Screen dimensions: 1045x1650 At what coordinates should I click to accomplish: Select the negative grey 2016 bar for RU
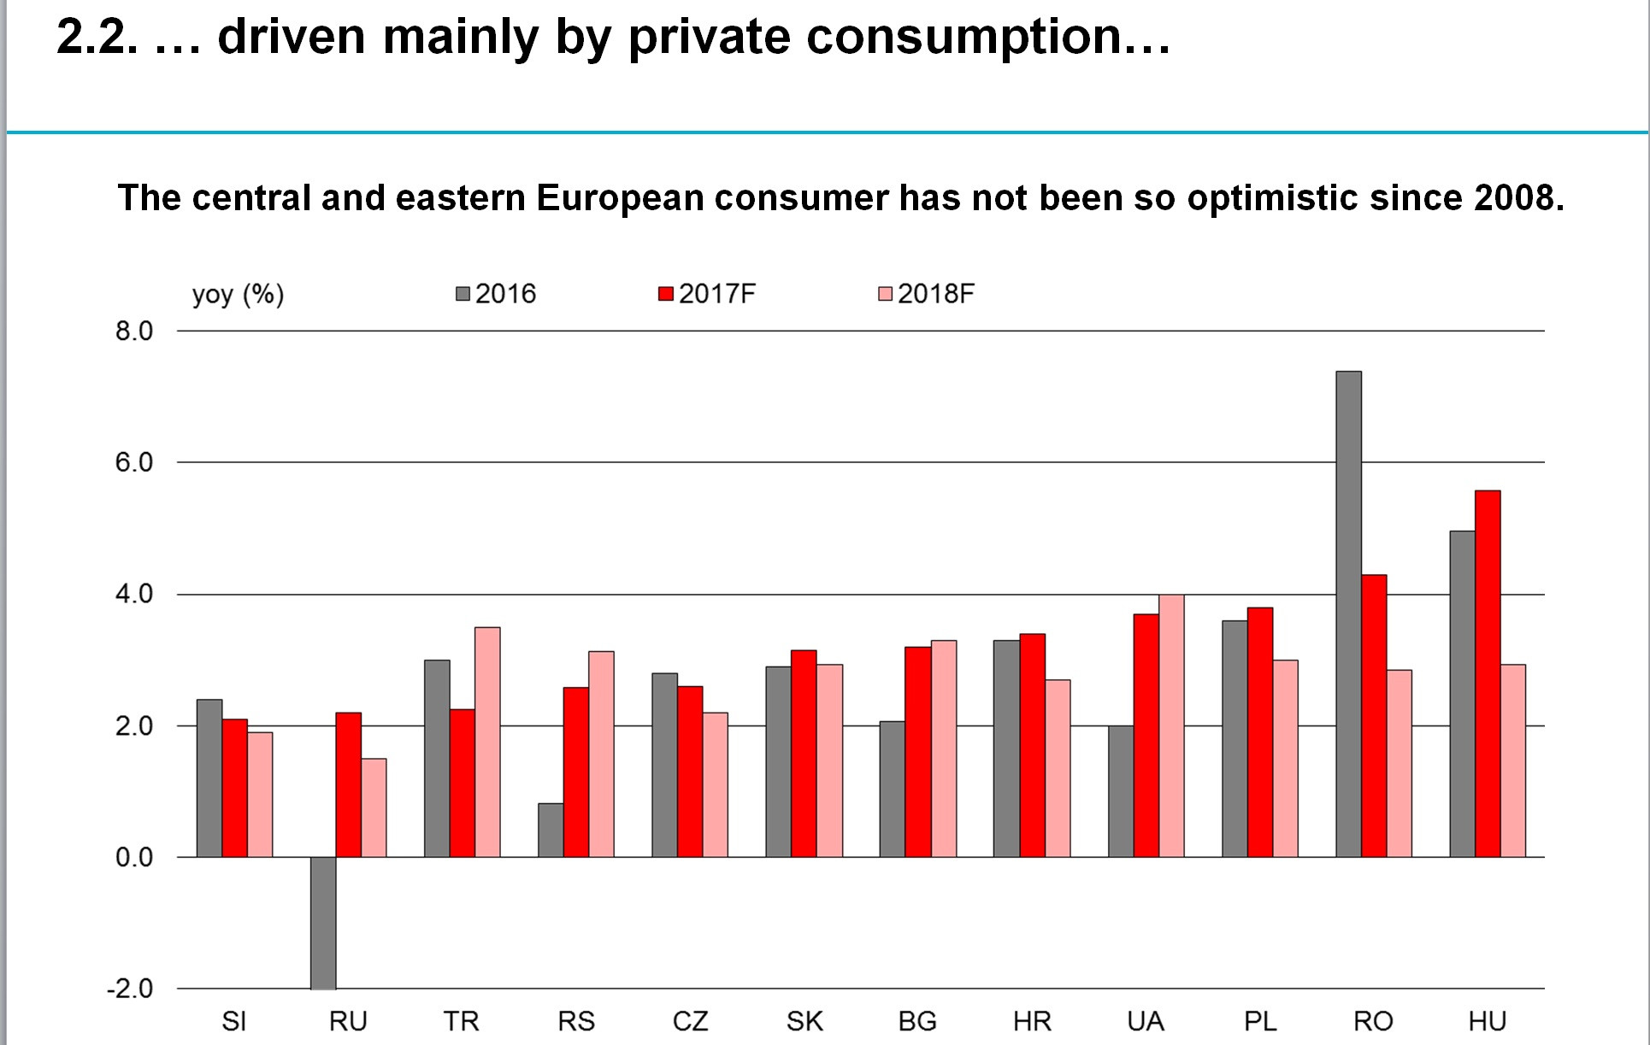click(x=323, y=923)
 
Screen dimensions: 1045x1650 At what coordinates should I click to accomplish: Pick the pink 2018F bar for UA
click(x=1171, y=725)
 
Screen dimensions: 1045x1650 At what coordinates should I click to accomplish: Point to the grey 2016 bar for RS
click(x=551, y=830)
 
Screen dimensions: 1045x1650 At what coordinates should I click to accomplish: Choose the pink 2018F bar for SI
click(x=260, y=795)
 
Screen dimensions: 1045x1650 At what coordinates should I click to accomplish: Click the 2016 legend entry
click(x=497, y=294)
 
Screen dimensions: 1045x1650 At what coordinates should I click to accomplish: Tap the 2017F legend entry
click(x=707, y=294)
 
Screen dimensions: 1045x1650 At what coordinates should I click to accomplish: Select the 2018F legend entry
click(x=927, y=294)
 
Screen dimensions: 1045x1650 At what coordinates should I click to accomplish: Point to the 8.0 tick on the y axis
click(x=134, y=332)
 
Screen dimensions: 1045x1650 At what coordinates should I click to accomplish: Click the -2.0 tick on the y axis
click(x=130, y=989)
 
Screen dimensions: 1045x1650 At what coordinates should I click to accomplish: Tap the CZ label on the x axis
click(x=690, y=1021)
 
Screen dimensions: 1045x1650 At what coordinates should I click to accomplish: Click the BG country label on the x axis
click(x=917, y=1021)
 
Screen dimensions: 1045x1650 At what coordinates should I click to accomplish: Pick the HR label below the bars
click(x=1032, y=1021)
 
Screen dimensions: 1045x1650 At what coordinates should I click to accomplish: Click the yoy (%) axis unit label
click(x=238, y=295)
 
